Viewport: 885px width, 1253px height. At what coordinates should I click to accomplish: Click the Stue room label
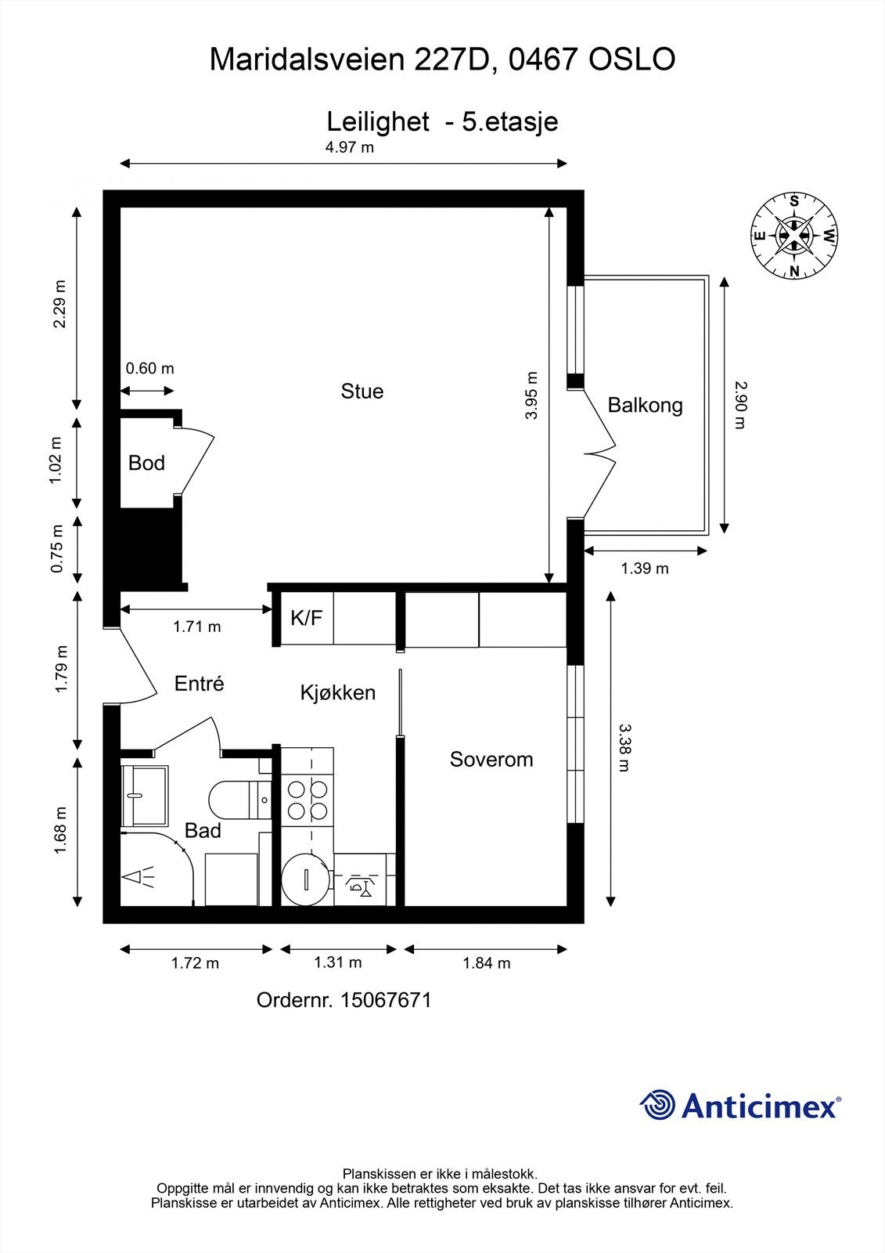click(362, 392)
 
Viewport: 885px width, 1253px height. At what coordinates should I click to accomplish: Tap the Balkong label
click(645, 406)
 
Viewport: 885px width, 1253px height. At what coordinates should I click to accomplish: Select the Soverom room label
click(491, 760)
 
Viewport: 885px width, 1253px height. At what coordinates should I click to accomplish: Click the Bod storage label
click(146, 463)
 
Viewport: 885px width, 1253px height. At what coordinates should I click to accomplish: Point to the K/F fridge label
click(306, 619)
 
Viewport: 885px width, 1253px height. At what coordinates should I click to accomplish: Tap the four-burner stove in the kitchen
click(308, 800)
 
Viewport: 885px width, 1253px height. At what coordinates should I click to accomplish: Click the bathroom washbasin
click(145, 796)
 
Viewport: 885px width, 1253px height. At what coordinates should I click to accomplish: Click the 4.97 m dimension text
click(350, 147)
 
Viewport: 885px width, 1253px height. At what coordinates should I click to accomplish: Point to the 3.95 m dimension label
click(532, 395)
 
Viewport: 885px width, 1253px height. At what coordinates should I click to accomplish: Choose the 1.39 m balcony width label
click(645, 569)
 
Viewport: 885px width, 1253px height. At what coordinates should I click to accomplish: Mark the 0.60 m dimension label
click(149, 368)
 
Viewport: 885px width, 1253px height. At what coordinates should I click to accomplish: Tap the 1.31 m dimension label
click(337, 962)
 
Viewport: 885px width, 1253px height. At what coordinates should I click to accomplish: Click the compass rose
click(794, 236)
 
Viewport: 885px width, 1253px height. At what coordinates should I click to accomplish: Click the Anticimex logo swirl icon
click(657, 1105)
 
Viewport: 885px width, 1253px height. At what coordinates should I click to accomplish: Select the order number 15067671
click(386, 1000)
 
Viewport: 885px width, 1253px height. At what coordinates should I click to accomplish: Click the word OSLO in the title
click(631, 60)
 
